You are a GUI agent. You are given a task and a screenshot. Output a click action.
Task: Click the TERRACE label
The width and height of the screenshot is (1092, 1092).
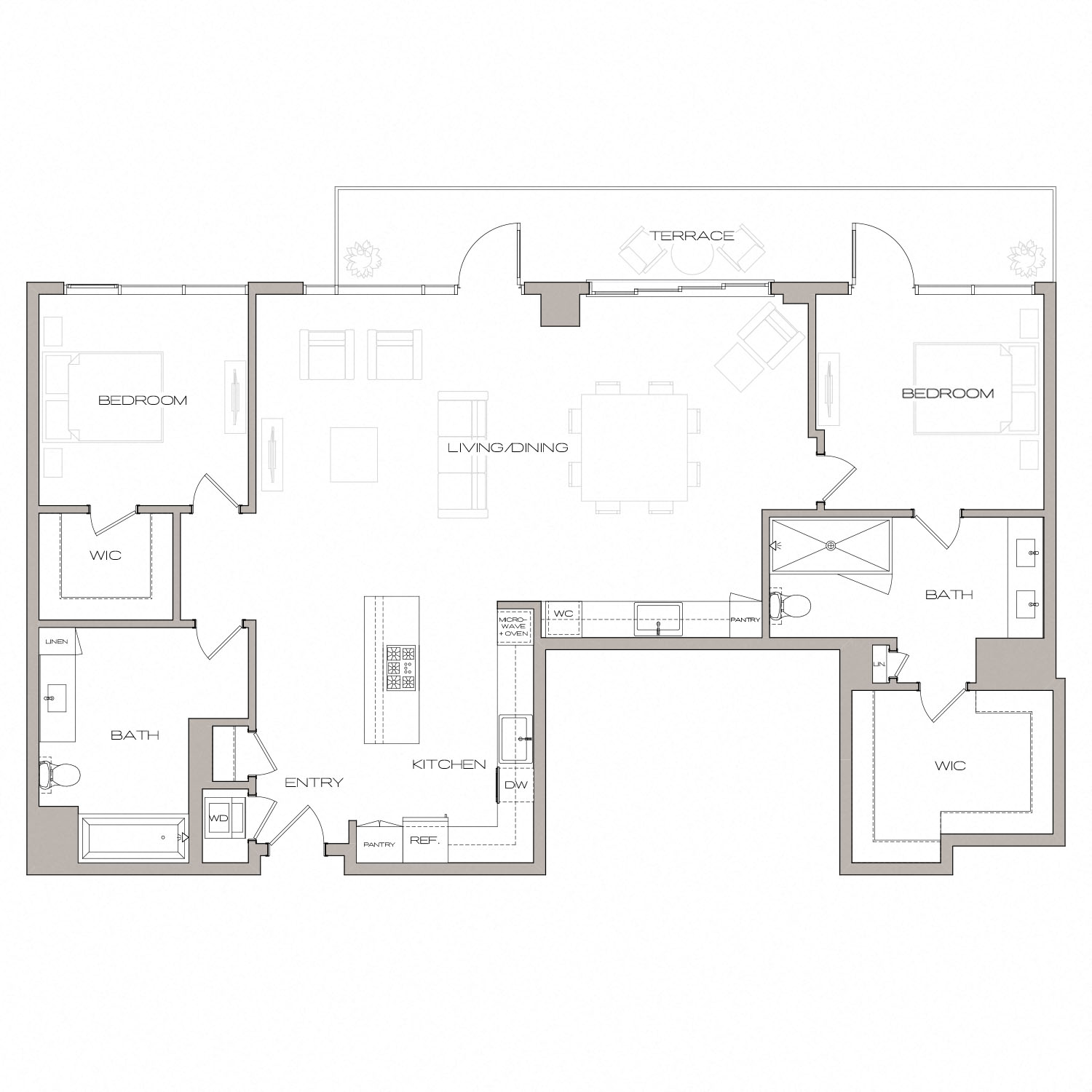(692, 236)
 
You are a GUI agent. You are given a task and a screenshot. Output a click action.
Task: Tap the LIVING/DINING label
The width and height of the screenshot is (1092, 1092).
(507, 448)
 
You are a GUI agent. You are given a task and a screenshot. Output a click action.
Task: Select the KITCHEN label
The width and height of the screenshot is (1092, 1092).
(448, 764)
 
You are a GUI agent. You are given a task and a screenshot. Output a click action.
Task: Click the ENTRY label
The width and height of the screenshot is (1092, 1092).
(313, 783)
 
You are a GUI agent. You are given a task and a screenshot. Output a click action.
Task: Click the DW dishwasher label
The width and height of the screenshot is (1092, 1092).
(515, 786)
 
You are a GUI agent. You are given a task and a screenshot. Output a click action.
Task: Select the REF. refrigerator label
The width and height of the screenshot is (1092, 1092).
(424, 840)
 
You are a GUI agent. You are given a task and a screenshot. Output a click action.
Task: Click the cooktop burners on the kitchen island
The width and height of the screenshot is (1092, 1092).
(400, 668)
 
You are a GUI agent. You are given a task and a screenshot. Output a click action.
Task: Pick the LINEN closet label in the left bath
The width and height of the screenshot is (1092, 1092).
(57, 641)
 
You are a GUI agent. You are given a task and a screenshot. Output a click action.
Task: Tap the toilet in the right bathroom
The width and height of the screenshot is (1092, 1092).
(791, 606)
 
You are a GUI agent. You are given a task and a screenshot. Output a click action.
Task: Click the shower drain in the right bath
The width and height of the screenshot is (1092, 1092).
(831, 545)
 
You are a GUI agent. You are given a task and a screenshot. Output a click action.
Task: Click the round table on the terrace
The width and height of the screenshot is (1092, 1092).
(692, 256)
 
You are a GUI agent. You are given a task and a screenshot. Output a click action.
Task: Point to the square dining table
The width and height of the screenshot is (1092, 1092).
(634, 447)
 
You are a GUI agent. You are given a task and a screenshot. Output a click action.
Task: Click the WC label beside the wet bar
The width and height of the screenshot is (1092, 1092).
(563, 614)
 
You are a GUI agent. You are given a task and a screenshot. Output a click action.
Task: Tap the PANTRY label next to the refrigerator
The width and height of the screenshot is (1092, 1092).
(379, 844)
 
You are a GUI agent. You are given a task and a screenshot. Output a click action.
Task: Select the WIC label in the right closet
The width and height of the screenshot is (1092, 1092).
(950, 765)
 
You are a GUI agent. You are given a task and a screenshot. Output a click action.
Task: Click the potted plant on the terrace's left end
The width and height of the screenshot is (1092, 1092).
(362, 258)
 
